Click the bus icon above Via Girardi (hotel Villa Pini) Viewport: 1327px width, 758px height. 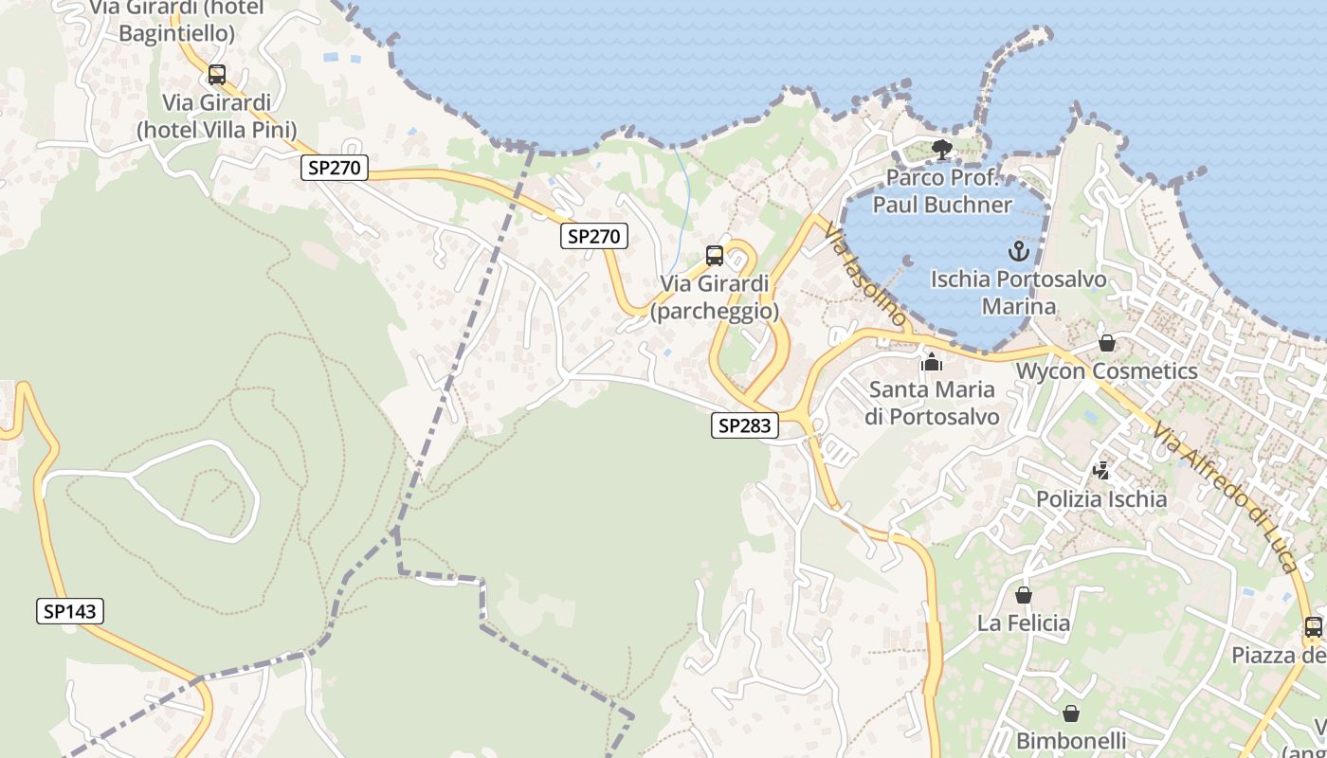click(x=217, y=75)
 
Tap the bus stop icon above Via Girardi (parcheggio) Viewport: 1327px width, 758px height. click(x=715, y=256)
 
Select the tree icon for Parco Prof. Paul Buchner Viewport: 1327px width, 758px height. click(x=941, y=150)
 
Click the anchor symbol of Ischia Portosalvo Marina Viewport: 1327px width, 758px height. click(x=1018, y=251)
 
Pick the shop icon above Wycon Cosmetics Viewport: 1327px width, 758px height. click(x=1106, y=343)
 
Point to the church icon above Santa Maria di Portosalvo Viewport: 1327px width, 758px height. click(x=932, y=362)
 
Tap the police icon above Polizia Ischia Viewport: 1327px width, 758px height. click(x=1101, y=470)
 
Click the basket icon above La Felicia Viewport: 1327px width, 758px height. click(x=1024, y=595)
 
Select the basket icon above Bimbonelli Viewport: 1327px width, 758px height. click(x=1071, y=713)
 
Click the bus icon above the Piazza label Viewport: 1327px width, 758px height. click(x=1313, y=626)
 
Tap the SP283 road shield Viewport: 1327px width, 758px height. click(x=744, y=426)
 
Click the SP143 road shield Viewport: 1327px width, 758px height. click(x=70, y=611)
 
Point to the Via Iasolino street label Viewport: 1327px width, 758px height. click(x=864, y=275)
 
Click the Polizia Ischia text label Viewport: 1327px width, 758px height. click(x=1101, y=499)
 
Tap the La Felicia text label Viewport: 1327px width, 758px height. click(x=1024, y=623)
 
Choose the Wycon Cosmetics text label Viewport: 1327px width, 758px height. click(x=1106, y=370)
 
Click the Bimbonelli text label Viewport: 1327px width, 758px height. click(x=1071, y=740)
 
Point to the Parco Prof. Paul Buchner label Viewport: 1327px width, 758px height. click(x=942, y=191)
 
